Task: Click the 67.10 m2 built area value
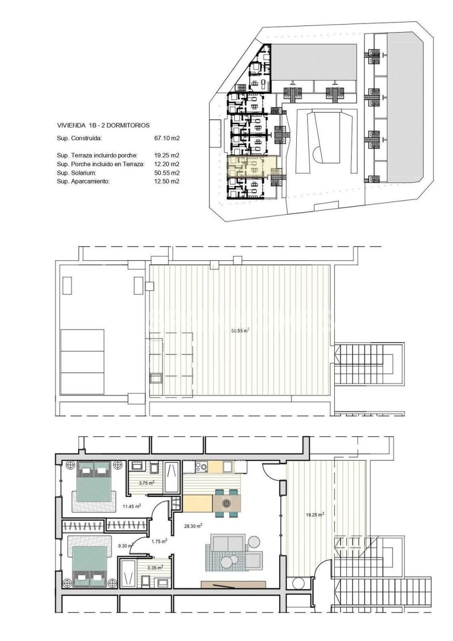167,137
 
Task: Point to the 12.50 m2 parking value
167,181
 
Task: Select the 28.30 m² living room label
192,526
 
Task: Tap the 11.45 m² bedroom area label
132,506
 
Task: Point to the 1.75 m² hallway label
159,541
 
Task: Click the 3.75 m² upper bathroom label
146,483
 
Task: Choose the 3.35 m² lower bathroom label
155,567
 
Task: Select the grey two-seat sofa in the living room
228,543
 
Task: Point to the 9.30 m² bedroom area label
126,546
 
